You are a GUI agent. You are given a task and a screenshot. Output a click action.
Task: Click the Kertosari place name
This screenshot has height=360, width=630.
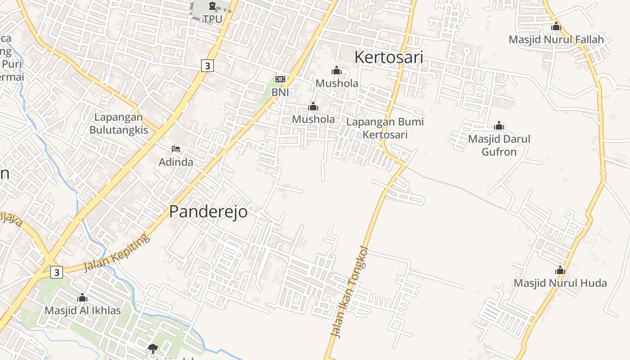[x=388, y=57]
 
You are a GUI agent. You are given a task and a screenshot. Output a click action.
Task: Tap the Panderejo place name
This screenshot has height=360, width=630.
[x=208, y=211]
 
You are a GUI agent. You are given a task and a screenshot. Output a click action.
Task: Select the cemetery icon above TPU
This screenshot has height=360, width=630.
[x=212, y=6]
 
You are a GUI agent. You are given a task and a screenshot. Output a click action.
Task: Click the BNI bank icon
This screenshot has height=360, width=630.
[x=280, y=79]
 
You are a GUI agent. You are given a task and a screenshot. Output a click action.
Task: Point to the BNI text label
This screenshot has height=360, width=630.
[x=280, y=92]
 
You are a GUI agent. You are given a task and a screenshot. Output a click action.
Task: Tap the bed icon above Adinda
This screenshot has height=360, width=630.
[x=176, y=149]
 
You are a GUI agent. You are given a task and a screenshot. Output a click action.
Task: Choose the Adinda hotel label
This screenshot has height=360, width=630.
[x=176, y=162]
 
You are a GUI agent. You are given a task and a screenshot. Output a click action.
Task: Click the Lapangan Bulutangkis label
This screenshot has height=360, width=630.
[x=118, y=124]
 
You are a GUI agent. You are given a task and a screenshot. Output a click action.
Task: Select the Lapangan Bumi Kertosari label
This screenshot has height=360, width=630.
[x=385, y=128]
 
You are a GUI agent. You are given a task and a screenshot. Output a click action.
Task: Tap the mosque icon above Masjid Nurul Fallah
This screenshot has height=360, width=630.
[x=556, y=27]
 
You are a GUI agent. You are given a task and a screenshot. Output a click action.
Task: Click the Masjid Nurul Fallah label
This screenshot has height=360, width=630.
[x=556, y=40]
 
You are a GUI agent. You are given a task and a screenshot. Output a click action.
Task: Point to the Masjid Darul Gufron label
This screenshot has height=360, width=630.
[x=499, y=145]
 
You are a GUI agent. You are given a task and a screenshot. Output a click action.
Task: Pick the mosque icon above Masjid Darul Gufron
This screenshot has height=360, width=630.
[x=499, y=126]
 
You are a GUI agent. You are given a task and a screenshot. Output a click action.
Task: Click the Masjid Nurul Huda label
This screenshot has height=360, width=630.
[x=560, y=283]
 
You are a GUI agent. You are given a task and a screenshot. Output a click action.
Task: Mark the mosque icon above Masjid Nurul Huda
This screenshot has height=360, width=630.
[x=560, y=270]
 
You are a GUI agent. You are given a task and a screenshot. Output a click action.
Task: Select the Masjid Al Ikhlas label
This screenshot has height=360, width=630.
[x=82, y=310]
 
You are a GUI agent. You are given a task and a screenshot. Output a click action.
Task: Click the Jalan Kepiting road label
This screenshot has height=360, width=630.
[x=117, y=253]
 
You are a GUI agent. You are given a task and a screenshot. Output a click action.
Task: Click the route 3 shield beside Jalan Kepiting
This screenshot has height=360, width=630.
[x=56, y=272]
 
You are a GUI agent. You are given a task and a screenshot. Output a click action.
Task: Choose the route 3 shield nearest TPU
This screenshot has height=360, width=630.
[x=207, y=65]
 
